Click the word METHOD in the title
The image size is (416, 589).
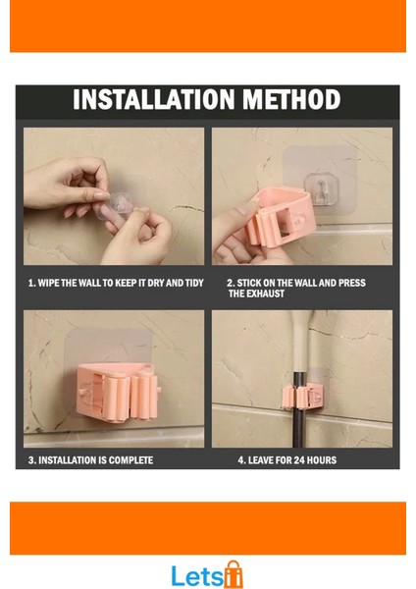click(291, 99)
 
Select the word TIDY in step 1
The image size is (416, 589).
click(193, 283)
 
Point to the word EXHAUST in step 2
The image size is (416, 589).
click(266, 294)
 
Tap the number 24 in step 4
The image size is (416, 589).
click(299, 460)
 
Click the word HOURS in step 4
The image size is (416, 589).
click(322, 460)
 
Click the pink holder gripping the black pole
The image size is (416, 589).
click(303, 397)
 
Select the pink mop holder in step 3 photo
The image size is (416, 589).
click(120, 392)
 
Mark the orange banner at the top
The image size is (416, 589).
click(208, 26)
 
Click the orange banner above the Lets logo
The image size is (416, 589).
click(208, 528)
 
